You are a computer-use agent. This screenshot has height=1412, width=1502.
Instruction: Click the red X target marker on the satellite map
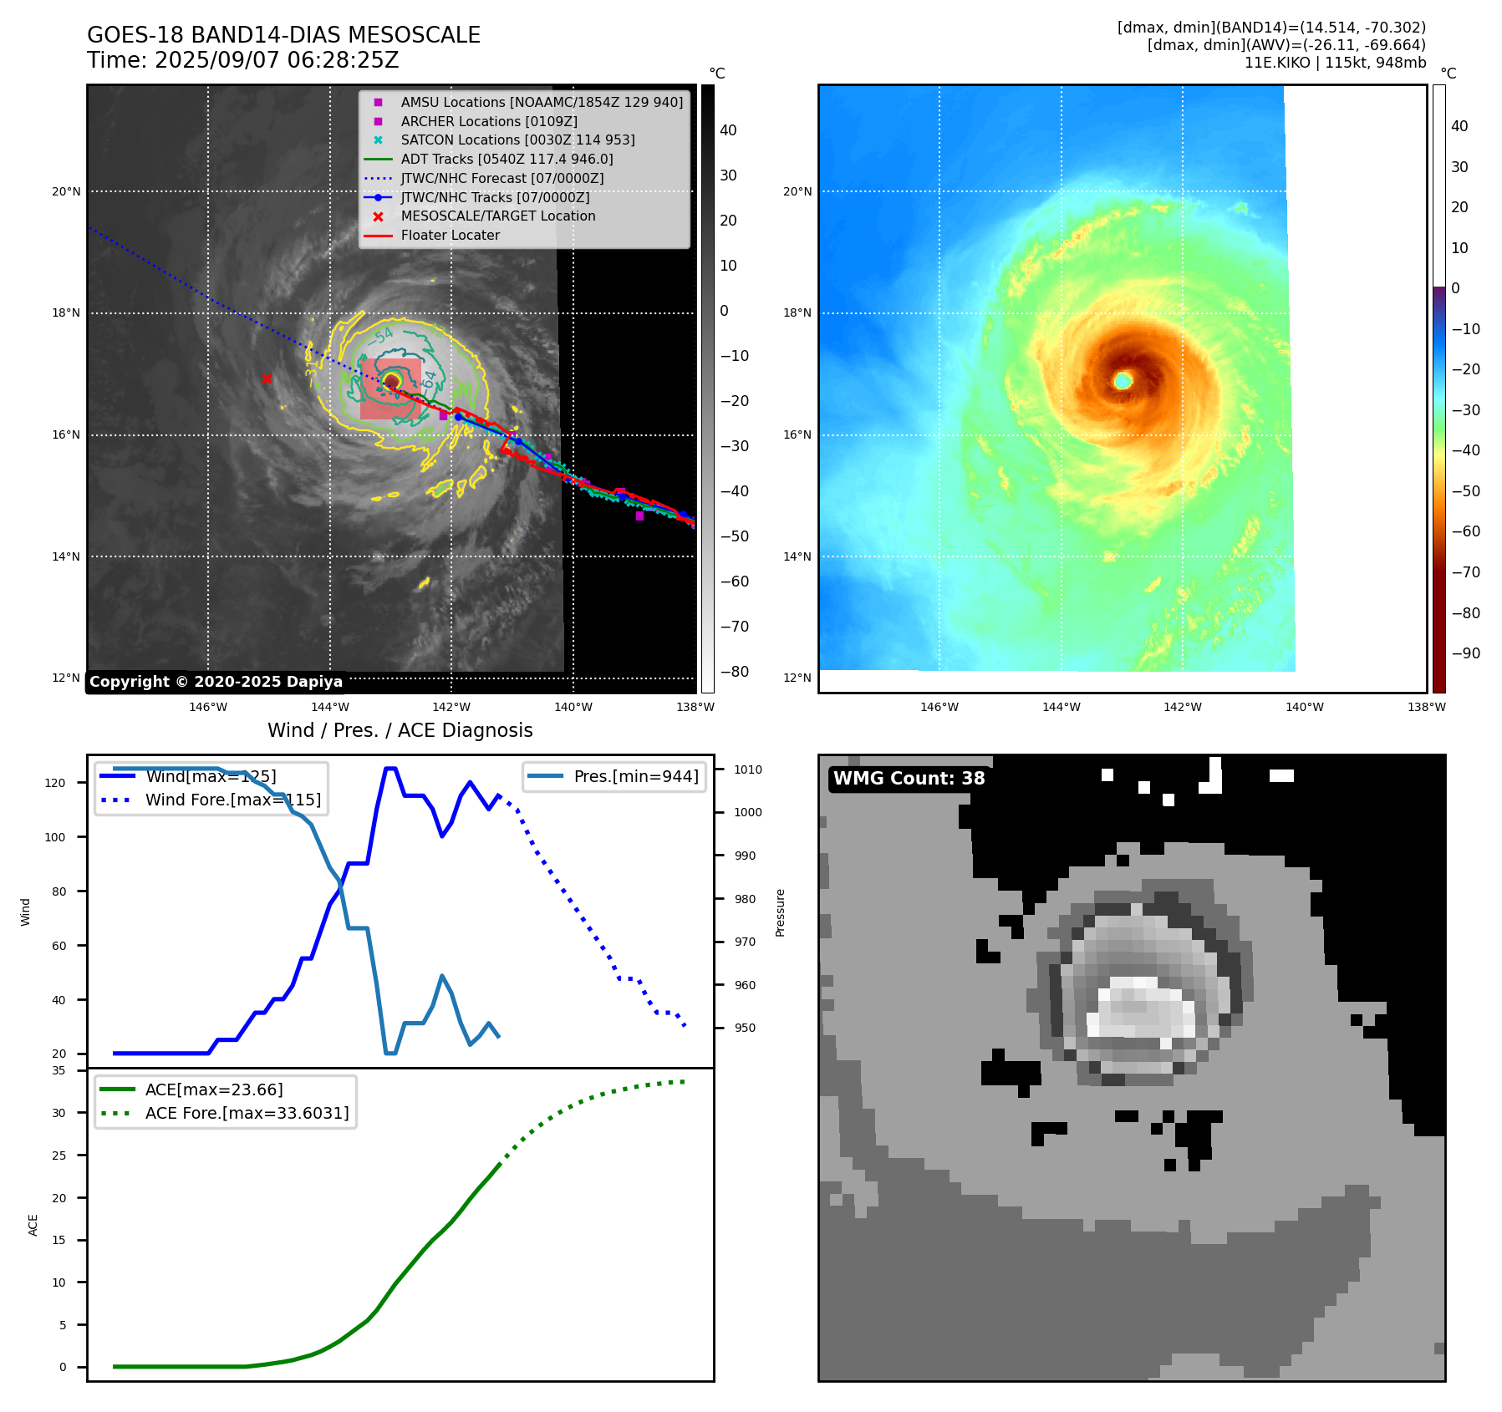pos(267,378)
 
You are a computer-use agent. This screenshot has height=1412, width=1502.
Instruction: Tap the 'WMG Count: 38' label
pos(909,779)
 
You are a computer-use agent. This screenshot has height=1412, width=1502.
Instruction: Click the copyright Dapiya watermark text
pos(216,682)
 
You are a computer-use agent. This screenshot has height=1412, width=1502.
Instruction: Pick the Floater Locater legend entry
pos(450,236)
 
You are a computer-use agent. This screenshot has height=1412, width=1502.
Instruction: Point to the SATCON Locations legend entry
pos(517,140)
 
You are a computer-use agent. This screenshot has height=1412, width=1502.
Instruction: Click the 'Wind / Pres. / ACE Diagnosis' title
pos(400,730)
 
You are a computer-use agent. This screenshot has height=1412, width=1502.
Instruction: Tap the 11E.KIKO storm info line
pos(1335,63)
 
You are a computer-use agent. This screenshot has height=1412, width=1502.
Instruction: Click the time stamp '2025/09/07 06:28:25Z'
pos(277,61)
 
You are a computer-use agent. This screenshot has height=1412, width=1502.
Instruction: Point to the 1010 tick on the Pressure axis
pos(748,769)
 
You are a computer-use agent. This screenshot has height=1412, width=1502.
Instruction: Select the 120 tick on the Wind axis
pos(55,783)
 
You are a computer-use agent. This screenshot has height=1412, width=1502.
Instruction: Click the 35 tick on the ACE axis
pos(59,1070)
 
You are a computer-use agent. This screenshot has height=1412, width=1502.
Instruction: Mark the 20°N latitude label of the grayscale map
pos(66,191)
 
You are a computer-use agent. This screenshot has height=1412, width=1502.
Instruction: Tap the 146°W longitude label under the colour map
pos(939,707)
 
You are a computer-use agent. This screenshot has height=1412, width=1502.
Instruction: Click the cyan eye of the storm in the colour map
pos(1123,381)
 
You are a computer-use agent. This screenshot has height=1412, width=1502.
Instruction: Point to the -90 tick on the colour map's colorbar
pos(1465,653)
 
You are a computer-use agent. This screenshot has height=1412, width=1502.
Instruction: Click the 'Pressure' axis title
pos(780,912)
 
